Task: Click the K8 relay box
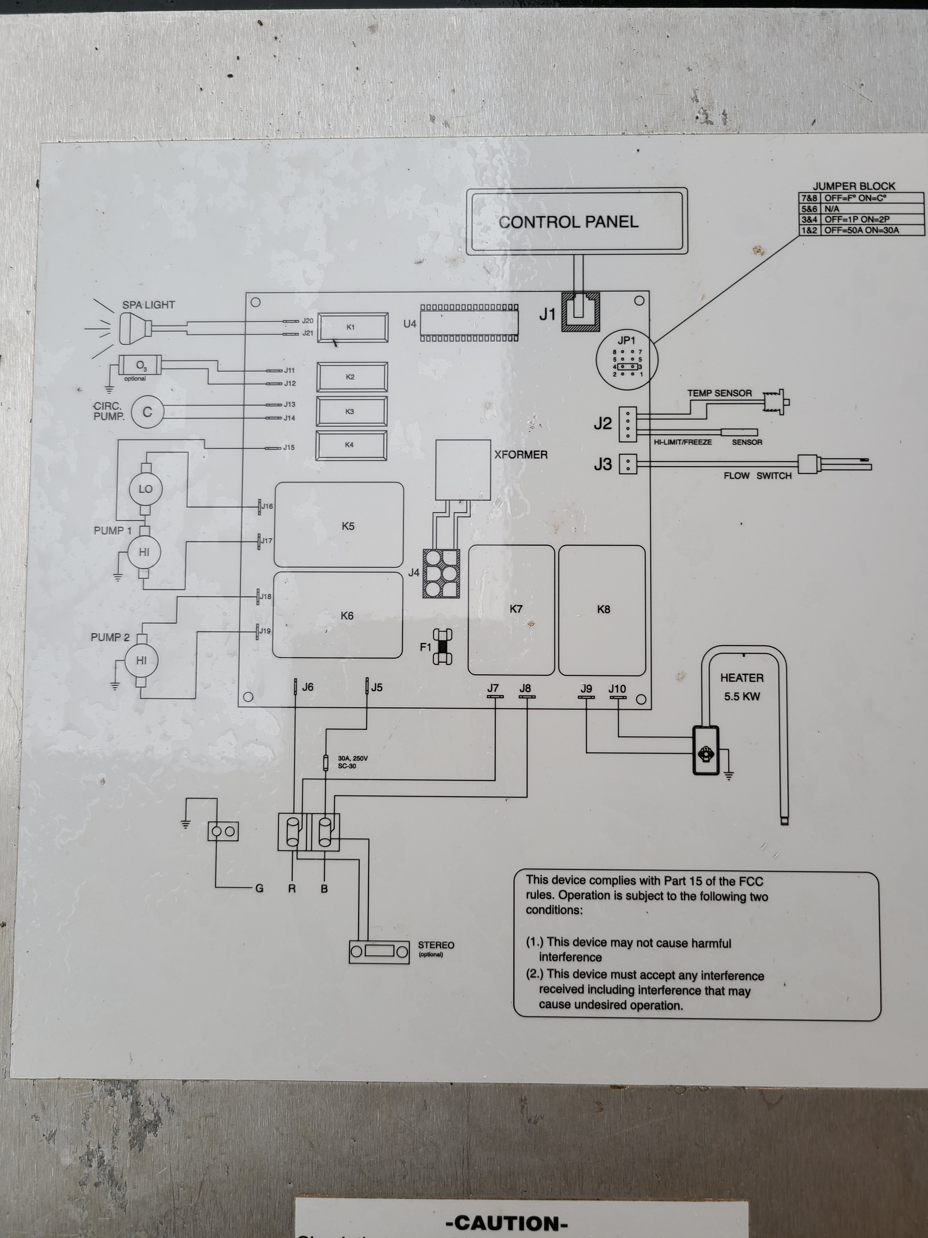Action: [x=602, y=609]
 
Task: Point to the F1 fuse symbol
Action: [x=443, y=647]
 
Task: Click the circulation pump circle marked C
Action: [x=147, y=412]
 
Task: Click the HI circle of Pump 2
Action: [x=141, y=660]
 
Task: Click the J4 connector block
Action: [x=441, y=573]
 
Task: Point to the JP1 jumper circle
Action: [x=627, y=359]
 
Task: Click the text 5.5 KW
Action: [x=742, y=697]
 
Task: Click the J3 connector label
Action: [x=602, y=464]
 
